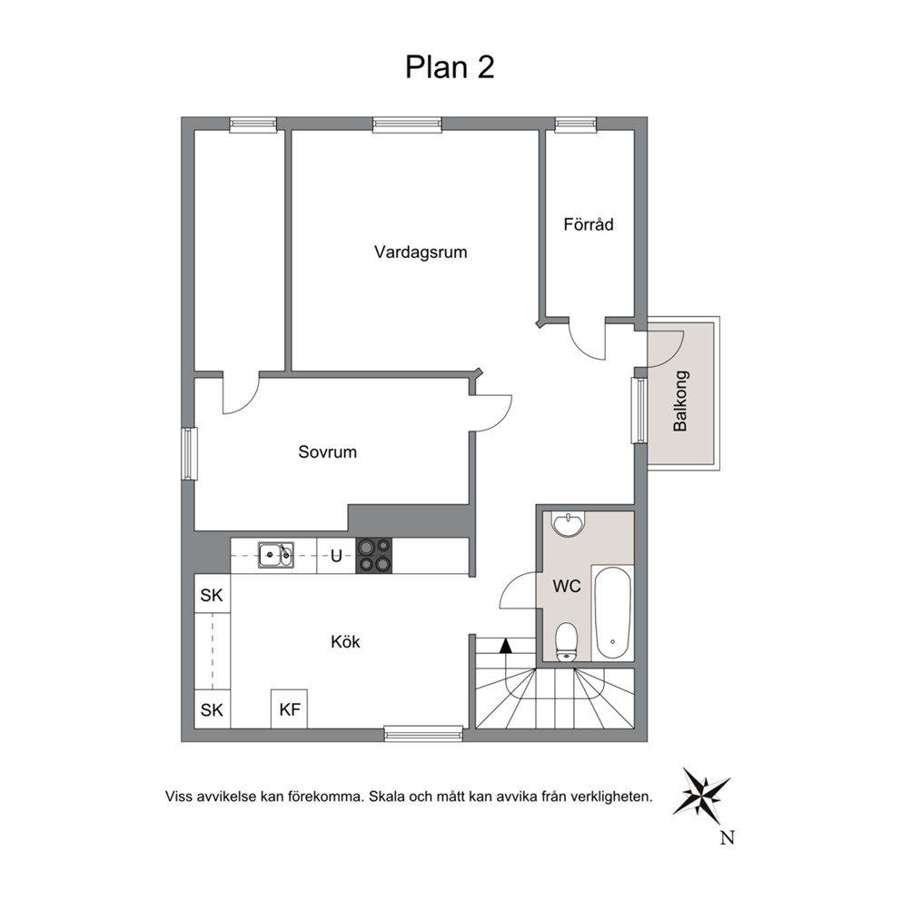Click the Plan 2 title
[450, 67]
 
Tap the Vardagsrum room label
[421, 252]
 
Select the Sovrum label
[328, 452]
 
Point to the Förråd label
[589, 223]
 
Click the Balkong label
[680, 401]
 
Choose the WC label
[567, 586]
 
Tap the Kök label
[345, 641]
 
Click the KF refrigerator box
[289, 709]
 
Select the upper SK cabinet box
[212, 594]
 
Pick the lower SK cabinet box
[212, 709]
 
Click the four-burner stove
[374, 556]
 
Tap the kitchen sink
[276, 555]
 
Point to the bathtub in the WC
[612, 612]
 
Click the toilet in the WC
[567, 641]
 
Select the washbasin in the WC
[568, 524]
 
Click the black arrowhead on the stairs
[506, 645]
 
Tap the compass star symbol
[700, 792]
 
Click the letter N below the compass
[728, 837]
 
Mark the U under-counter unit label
[336, 556]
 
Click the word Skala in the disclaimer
[387, 797]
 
